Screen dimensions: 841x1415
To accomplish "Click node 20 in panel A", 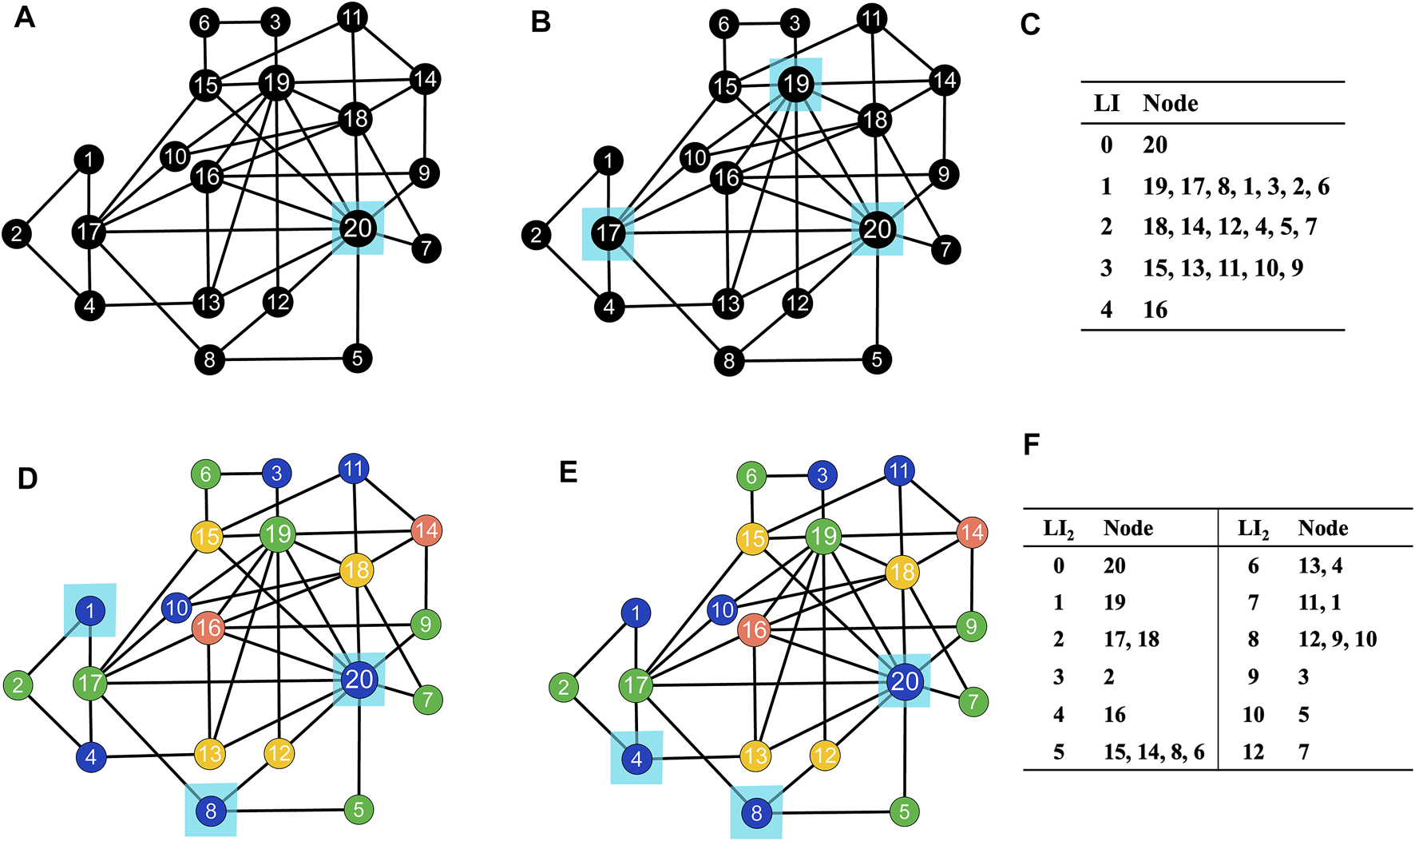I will click(x=358, y=229).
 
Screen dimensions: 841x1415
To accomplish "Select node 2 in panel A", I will click(x=17, y=234).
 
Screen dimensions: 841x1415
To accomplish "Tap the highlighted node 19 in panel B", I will click(x=795, y=83).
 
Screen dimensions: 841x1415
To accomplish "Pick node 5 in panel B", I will click(x=877, y=359).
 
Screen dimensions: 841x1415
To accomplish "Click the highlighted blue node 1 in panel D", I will click(x=90, y=612).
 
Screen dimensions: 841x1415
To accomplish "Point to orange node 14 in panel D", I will click(x=426, y=530).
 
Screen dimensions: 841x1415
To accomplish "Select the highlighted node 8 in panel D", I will click(x=211, y=811).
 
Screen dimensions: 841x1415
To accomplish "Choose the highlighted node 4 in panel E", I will click(x=636, y=759).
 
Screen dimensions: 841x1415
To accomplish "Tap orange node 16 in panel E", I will click(x=754, y=631).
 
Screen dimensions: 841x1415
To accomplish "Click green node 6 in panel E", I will click(x=751, y=477).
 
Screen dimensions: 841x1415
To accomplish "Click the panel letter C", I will click(x=1030, y=25).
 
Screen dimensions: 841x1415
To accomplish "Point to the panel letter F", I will click(x=1031, y=444).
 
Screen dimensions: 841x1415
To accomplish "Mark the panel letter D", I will click(x=27, y=478).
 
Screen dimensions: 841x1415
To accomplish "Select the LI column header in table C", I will click(x=1106, y=103).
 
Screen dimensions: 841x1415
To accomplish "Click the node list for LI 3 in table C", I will click(x=1223, y=268).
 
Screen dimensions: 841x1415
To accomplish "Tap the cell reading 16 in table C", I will click(x=1155, y=310).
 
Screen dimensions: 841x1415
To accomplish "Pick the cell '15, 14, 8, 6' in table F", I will click(x=1154, y=752).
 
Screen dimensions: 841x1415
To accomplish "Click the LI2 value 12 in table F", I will click(x=1253, y=752).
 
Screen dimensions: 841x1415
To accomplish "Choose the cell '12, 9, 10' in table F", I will click(x=1338, y=639).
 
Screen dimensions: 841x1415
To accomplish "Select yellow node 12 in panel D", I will click(x=279, y=753).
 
